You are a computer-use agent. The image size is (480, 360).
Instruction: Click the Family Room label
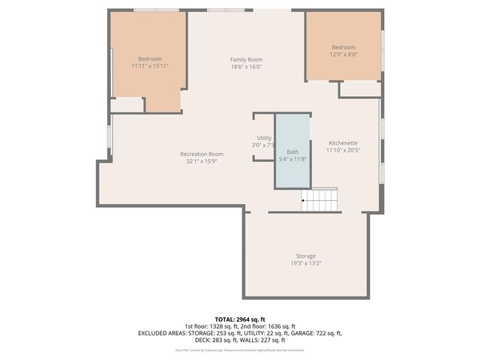point(246,59)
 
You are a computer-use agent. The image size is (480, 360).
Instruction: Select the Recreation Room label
point(202,154)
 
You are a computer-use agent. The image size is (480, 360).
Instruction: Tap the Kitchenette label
point(342,142)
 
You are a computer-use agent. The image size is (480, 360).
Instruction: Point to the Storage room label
point(305,256)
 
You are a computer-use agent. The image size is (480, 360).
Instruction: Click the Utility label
point(264,138)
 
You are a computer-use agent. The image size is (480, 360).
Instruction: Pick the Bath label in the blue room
point(292,151)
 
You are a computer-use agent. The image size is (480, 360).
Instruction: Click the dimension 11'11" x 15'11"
point(149,66)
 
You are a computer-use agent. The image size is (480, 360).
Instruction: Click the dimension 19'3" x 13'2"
point(305,262)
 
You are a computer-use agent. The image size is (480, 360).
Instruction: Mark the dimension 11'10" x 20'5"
point(342,149)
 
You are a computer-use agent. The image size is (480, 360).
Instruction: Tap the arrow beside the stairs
point(303,201)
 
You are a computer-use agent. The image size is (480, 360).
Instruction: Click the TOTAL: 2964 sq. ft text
point(240,319)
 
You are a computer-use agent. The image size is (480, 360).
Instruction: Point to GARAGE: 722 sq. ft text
point(316,333)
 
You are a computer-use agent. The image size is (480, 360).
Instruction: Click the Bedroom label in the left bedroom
point(149,59)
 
